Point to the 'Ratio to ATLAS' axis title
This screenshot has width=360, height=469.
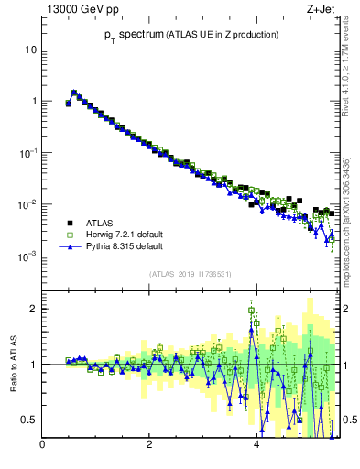(15, 365)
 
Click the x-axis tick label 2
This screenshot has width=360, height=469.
(149, 445)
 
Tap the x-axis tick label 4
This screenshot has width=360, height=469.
(256, 445)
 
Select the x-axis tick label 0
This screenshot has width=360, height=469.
(42, 445)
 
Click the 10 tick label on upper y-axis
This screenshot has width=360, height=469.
(29, 49)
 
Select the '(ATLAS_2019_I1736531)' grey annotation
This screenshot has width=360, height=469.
(190, 274)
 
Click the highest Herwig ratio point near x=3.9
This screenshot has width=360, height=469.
(251, 311)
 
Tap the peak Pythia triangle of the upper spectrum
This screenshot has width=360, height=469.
(74, 92)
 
